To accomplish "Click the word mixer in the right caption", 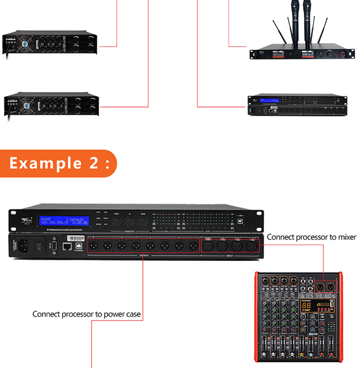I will click(345, 237).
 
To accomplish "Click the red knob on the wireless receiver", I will click(343, 55).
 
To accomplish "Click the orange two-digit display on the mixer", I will click(308, 305).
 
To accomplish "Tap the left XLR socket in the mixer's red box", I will click(319, 287).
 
